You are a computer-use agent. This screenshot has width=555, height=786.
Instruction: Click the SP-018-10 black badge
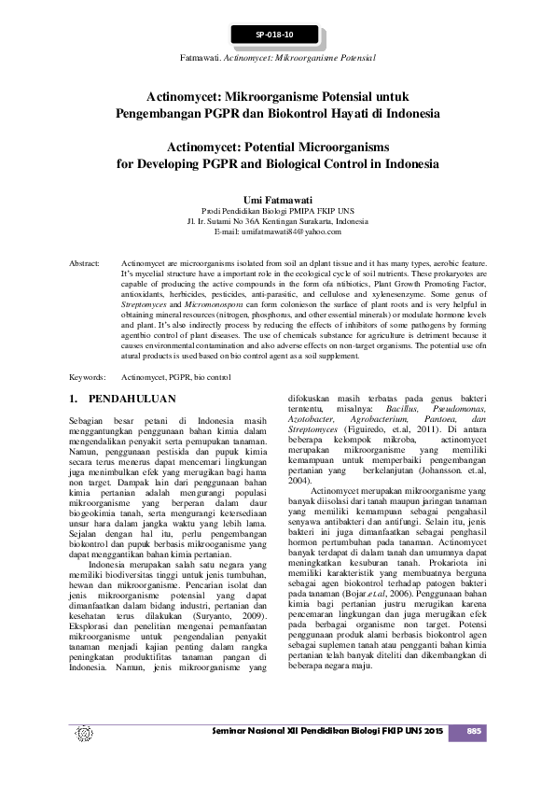click(x=275, y=35)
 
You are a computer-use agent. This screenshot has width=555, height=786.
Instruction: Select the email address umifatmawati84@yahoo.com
click(x=277, y=231)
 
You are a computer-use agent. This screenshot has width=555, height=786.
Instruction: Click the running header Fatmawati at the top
click(x=215, y=58)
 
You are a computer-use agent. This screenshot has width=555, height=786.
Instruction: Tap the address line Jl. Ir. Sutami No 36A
click(x=277, y=221)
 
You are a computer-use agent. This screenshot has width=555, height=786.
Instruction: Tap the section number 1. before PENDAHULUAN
click(x=76, y=399)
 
